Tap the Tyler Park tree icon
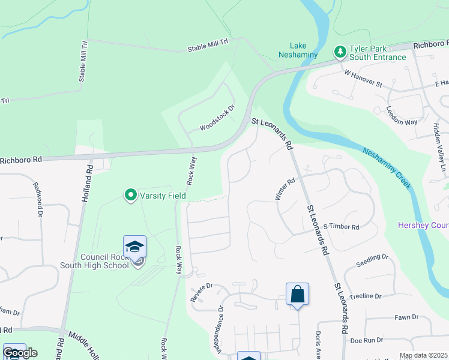340,52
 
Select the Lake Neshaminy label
298,49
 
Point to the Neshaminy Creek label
387,168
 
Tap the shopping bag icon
297,295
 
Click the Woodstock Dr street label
217,118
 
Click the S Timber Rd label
341,227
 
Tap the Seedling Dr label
372,261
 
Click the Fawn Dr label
406,317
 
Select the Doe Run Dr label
366,340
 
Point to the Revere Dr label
202,289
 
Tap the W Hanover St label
363,77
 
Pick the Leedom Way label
402,115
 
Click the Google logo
20,352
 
